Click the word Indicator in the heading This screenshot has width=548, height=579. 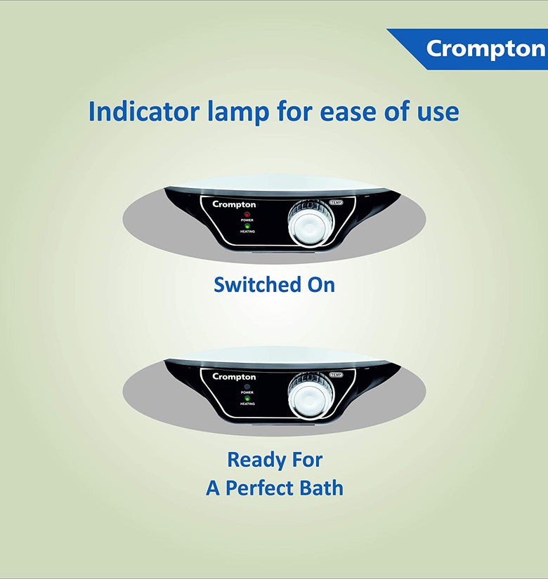[x=147, y=111]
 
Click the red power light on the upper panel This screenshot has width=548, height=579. [x=247, y=215]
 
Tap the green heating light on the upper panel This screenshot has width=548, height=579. [x=247, y=226]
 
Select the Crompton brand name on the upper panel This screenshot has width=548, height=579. [x=234, y=204]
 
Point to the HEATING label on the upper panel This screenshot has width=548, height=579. [x=247, y=232]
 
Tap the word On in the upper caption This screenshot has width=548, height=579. [x=321, y=285]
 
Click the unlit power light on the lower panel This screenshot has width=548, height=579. [x=247, y=387]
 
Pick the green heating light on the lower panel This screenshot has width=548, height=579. [x=247, y=399]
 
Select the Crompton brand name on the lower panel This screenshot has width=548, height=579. [x=234, y=377]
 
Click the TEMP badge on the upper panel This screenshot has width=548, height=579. [x=337, y=202]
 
